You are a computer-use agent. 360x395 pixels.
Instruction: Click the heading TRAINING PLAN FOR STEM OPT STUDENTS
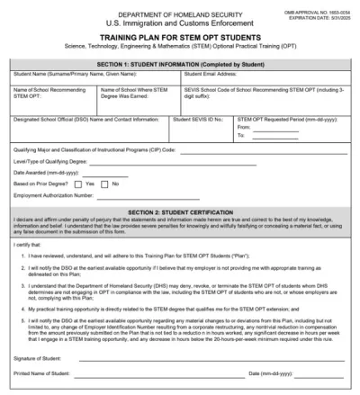click(x=179, y=37)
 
